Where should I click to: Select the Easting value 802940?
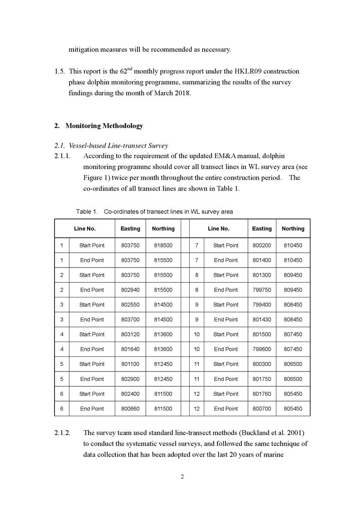(130, 290)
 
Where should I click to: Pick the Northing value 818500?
(162, 245)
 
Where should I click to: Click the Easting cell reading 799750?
(262, 290)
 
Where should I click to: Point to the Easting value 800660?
(130, 408)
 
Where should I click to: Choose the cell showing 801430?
(262, 319)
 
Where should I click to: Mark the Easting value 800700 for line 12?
(262, 408)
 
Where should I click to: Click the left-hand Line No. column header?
(85, 228)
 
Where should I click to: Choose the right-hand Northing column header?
(293, 228)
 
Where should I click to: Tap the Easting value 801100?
(130, 364)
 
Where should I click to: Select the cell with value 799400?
(262, 304)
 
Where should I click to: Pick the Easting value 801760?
(262, 393)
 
